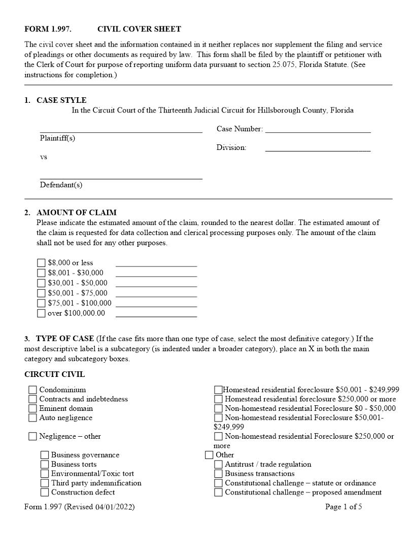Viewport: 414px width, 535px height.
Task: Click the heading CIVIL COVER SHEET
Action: (139, 29)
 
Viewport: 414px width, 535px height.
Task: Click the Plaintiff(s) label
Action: (57, 138)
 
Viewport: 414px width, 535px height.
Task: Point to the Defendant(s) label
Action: (61, 185)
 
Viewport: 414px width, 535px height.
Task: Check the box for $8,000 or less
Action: (41, 263)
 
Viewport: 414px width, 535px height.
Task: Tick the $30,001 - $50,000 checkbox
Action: (41, 283)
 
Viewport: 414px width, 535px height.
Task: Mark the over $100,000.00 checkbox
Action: (41, 313)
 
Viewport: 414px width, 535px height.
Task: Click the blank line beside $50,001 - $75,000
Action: (156, 293)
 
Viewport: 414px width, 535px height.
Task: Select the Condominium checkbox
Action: (32, 390)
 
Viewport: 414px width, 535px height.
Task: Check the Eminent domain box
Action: (32, 408)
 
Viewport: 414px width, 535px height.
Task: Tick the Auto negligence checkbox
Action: (32, 418)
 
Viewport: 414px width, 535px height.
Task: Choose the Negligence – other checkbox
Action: (32, 436)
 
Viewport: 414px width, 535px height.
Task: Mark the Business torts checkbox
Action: (45, 465)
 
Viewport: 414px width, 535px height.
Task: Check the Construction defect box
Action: (45, 492)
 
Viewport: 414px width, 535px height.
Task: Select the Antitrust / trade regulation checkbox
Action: (218, 465)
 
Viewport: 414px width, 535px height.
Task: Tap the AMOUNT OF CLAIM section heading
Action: (76, 213)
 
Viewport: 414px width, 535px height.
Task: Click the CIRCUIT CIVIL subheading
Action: (55, 375)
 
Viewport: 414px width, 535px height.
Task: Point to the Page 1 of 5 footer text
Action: (343, 507)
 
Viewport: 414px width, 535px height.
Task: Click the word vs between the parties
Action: (44, 157)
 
